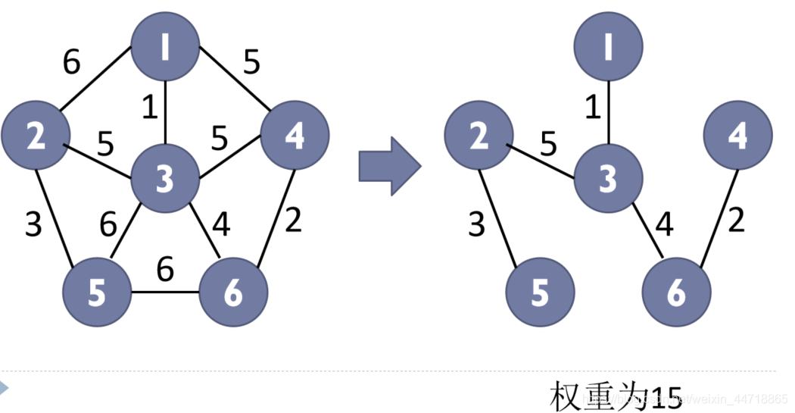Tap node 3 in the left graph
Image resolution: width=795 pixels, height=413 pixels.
165,179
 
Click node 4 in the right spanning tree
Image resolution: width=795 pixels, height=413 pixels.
737,136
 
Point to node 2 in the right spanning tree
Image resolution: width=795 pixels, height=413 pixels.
478,136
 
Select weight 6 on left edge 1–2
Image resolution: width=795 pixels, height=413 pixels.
71,64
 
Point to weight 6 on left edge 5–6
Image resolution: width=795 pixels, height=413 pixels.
164,268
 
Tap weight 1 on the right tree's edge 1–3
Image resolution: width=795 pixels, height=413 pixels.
593,108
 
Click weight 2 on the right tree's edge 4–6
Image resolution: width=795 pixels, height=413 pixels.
736,221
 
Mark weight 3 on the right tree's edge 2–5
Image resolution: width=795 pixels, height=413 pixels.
475,225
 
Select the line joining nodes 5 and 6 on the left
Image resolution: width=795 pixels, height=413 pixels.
165,293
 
